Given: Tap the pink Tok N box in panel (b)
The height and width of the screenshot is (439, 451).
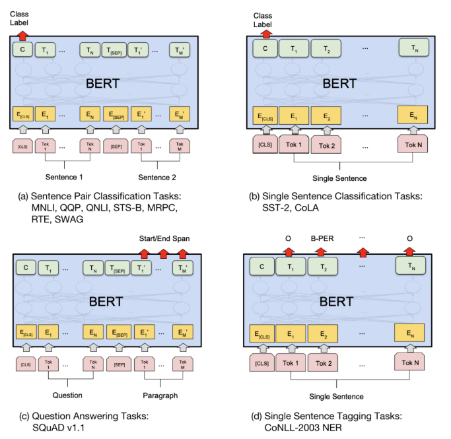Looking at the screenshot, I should (x=413, y=145).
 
